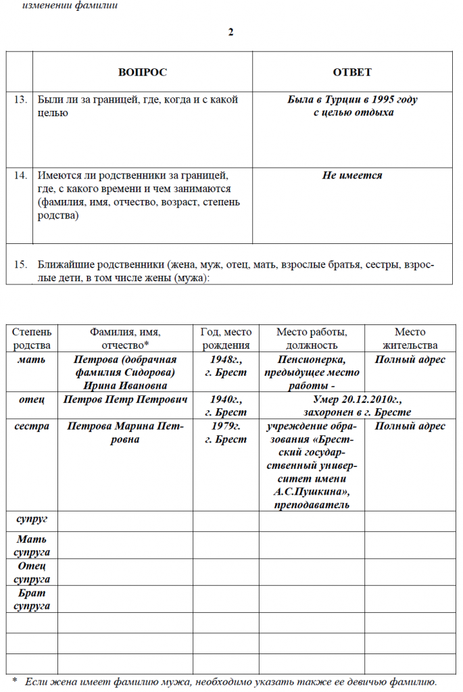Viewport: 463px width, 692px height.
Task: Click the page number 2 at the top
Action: [x=231, y=32]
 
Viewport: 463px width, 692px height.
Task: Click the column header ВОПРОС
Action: [x=142, y=72]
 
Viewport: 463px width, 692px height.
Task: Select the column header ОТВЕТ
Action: [x=352, y=72]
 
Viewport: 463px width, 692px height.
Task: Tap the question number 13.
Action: [x=21, y=100]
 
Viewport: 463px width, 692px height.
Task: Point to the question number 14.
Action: [x=21, y=176]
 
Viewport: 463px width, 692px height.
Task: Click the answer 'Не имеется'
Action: [x=352, y=176]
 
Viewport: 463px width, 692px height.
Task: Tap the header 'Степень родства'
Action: [x=32, y=338]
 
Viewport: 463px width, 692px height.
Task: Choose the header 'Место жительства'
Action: [x=410, y=338]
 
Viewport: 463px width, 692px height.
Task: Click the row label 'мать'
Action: [x=32, y=360]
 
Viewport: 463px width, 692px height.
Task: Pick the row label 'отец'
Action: [x=32, y=399]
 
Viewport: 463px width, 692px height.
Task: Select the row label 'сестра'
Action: [x=32, y=426]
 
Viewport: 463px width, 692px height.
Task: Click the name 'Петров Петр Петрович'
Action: [x=125, y=399]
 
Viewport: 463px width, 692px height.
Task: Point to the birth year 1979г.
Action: [x=226, y=426]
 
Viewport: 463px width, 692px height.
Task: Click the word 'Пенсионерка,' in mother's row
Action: [x=311, y=360]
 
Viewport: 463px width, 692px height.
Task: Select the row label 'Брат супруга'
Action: [x=32, y=599]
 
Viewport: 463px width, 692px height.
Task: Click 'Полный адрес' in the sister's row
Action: [x=410, y=426]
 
